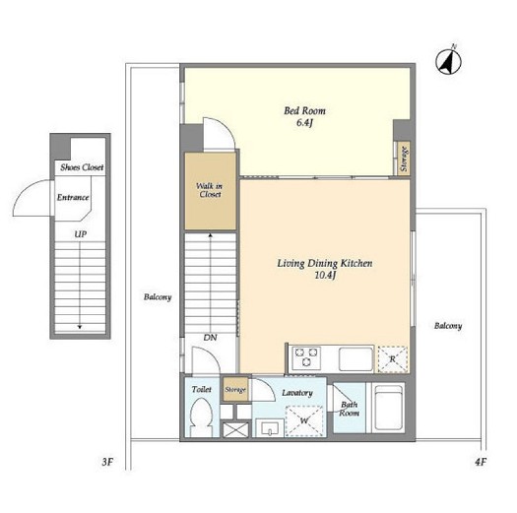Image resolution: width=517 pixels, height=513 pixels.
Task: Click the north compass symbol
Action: tap(448, 61)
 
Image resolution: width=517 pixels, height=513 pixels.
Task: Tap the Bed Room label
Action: tap(304, 111)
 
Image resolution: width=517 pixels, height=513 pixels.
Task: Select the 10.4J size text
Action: tap(325, 275)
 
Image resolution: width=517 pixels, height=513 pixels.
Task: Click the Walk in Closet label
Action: tap(210, 190)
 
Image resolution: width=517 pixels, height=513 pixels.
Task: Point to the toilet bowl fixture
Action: tap(202, 417)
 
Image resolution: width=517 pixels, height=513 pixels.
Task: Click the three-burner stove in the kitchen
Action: tap(306, 357)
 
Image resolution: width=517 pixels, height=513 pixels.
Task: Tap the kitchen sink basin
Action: tap(355, 359)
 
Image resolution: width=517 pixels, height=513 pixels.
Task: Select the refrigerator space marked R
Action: tap(393, 359)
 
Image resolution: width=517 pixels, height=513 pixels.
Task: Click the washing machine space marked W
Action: tap(304, 420)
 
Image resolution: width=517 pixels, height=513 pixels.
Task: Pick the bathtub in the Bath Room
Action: tap(389, 408)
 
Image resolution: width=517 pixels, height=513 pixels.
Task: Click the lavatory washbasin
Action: tap(270, 428)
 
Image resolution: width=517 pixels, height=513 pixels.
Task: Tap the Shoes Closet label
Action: tap(82, 167)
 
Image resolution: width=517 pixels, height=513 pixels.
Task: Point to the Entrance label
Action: tap(73, 197)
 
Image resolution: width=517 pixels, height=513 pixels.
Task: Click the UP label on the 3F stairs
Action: tap(81, 234)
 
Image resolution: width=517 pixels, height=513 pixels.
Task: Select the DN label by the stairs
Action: tap(210, 338)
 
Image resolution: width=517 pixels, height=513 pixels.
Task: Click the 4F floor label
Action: tap(481, 462)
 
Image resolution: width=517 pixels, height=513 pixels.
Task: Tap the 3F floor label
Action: tap(107, 462)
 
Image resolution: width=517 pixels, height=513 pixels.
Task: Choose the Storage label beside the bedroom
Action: tap(404, 159)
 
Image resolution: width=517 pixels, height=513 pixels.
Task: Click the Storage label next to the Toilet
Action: tap(235, 390)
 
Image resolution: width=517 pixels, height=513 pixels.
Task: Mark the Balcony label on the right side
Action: tap(448, 326)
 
